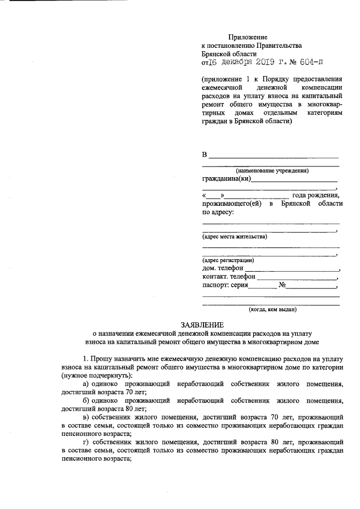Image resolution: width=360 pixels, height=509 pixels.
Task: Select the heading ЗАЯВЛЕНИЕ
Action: point(202,325)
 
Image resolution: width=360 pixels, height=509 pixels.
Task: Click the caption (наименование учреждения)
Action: point(272,170)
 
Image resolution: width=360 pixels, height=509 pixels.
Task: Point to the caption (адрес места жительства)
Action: point(235,236)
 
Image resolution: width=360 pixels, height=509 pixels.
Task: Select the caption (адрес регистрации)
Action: point(228,260)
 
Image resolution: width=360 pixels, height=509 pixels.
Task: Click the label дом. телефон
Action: point(223,268)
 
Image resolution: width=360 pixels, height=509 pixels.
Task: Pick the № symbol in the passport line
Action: point(283,285)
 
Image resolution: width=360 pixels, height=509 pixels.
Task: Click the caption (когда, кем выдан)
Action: point(272,309)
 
